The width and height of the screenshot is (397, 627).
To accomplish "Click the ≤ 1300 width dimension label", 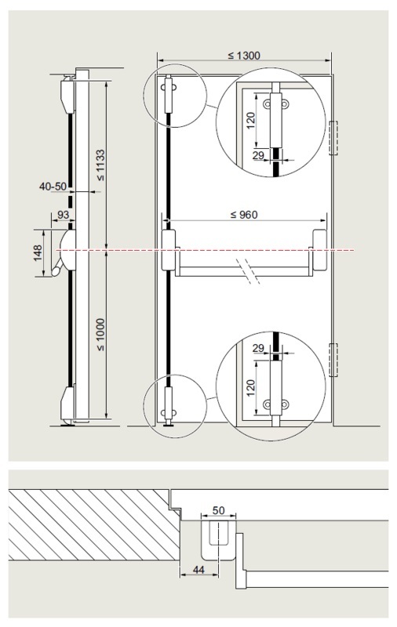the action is [244, 56].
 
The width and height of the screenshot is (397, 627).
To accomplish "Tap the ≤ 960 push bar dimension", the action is [244, 215].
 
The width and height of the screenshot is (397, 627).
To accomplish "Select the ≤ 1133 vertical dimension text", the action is [100, 165].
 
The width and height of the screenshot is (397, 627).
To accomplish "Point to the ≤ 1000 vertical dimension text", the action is [100, 335].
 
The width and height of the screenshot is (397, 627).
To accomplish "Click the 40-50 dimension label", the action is [53, 186].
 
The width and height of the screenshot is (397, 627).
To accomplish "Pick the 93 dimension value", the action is [64, 215].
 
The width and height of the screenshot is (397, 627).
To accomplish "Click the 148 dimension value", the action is [38, 252].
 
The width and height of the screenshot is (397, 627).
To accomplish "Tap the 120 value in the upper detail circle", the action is [250, 121].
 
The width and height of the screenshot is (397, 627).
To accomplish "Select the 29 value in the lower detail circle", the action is [259, 348].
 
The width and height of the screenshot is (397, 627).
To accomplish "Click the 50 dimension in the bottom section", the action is [219, 510].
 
